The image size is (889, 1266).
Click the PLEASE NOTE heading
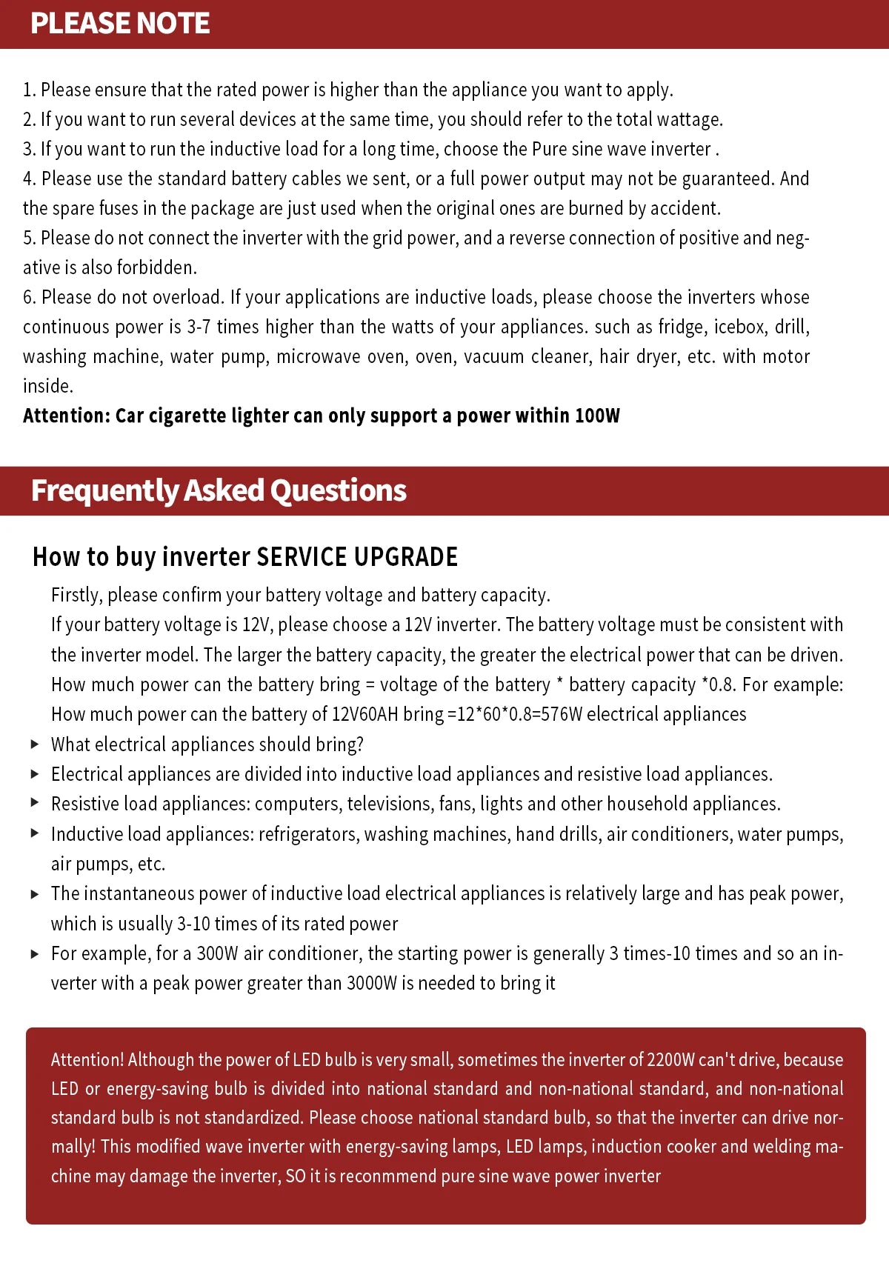point(120,24)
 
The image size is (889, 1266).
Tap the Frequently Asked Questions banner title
point(219,490)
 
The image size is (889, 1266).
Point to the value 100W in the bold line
point(597,416)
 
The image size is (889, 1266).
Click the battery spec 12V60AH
point(364,714)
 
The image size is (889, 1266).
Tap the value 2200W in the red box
point(670,1060)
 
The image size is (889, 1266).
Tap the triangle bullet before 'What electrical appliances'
point(35,744)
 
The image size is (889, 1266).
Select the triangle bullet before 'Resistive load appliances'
point(35,803)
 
